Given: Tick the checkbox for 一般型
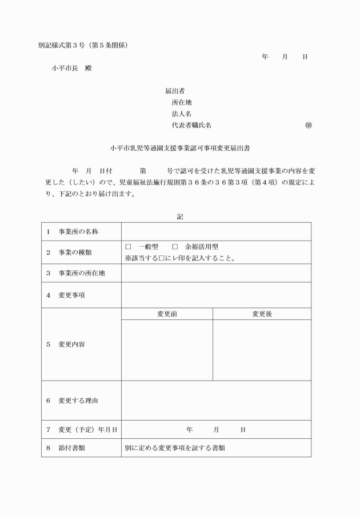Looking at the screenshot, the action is (x=128, y=247).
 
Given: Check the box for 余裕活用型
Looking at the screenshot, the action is (x=175, y=247).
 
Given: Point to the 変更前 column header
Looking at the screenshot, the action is (x=167, y=314).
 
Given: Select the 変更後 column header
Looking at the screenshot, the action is (x=262, y=314).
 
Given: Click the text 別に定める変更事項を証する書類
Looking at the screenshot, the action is (x=175, y=447).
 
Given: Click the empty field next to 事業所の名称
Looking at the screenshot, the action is (x=216, y=231).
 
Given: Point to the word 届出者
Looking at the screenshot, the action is (x=174, y=91).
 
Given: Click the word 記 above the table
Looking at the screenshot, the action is (x=180, y=217).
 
